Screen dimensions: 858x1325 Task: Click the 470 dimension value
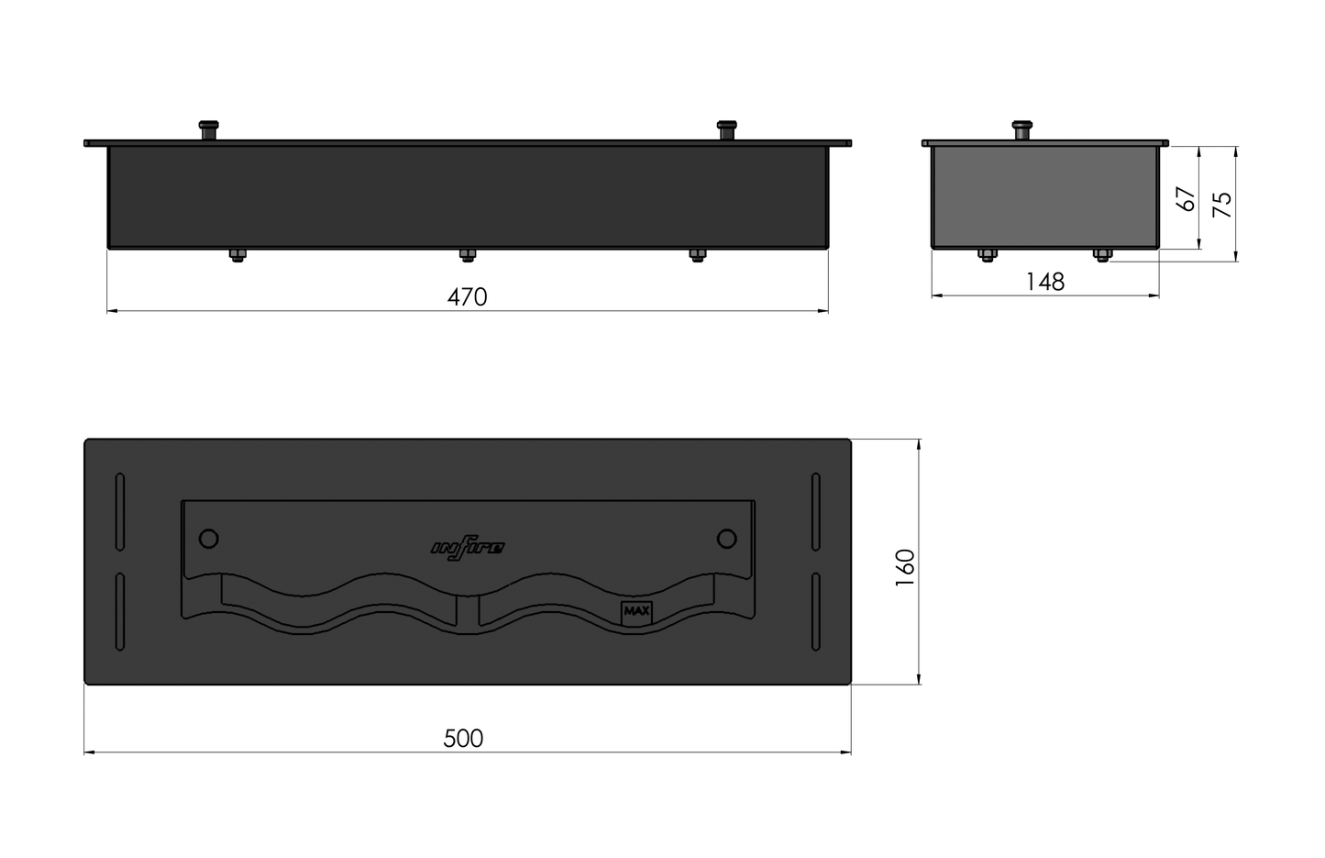pos(467,297)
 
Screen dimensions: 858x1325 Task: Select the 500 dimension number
pos(463,739)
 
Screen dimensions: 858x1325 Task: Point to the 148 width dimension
pos(1045,282)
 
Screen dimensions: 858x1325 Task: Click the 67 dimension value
pos(1187,199)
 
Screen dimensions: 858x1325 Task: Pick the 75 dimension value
pos(1222,204)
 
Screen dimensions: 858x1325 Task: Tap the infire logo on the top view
pos(468,548)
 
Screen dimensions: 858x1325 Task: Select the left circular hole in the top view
pos(209,538)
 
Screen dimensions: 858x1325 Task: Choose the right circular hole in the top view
pos(727,538)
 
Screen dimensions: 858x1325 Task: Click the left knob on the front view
pos(210,129)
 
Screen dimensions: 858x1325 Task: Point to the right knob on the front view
pos(727,129)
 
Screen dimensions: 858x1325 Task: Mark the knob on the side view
pos(1021,129)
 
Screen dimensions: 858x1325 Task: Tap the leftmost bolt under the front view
pos(237,255)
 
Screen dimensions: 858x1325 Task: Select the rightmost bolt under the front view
pos(698,255)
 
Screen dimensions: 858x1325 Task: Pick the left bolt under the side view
pos(988,254)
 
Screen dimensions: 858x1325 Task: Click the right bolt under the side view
pos(1102,254)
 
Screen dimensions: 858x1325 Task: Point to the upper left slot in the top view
pos(120,512)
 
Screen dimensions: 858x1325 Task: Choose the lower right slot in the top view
pos(816,612)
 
